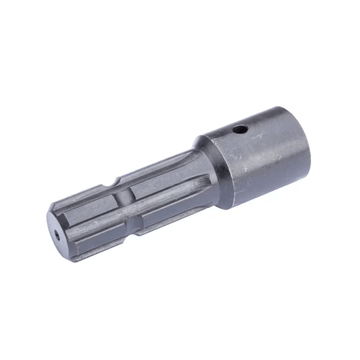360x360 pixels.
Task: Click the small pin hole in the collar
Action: point(240,128)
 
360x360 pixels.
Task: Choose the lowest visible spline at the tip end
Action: point(90,252)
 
